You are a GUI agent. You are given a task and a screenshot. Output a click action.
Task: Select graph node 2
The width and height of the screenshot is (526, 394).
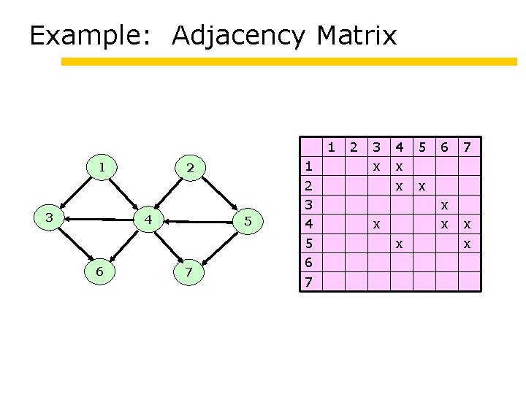[190, 169]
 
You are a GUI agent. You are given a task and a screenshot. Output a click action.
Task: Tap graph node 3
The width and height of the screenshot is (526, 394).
[49, 217]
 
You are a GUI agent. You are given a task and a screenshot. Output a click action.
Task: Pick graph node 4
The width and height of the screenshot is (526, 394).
[147, 219]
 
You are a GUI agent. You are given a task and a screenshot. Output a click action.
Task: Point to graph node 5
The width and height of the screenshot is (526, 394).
[248, 221]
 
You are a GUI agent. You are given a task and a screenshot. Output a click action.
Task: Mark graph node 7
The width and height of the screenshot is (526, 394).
[189, 272]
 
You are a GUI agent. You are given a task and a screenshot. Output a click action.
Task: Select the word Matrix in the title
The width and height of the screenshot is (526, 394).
[357, 35]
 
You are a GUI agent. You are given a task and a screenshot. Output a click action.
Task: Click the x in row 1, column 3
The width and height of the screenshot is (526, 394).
[376, 167]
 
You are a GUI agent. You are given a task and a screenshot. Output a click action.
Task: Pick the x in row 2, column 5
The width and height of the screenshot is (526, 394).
[421, 187]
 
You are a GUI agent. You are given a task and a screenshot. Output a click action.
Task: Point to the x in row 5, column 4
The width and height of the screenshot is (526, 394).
[399, 244]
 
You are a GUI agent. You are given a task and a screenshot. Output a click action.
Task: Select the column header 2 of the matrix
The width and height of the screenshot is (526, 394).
[354, 147]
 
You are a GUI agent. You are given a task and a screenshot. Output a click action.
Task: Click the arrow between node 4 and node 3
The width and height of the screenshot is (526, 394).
[98, 217]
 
